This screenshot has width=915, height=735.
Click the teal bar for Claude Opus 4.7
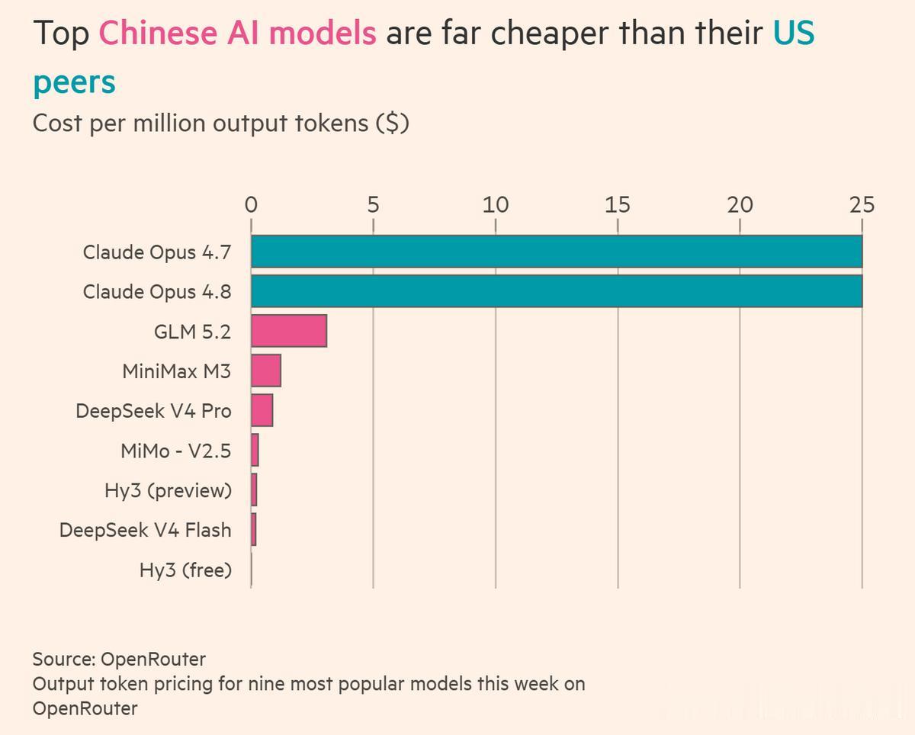pyautogui.click(x=557, y=252)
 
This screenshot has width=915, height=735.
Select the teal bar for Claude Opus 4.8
pyautogui.click(x=557, y=291)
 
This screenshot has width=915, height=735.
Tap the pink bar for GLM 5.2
pyautogui.click(x=289, y=331)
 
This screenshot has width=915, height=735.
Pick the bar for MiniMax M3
pyautogui.click(x=266, y=371)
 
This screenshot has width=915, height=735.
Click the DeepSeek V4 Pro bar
pyautogui.click(x=262, y=410)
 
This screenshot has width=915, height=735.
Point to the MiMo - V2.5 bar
pyautogui.click(x=255, y=450)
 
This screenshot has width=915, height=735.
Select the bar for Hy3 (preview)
pyautogui.click(x=254, y=489)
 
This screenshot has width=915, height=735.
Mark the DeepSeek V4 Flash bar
pyautogui.click(x=253, y=529)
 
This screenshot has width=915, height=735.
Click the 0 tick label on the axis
pyautogui.click(x=252, y=205)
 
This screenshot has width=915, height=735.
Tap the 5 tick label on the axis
pyautogui.click(x=374, y=205)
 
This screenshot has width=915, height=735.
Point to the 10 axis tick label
pyautogui.click(x=496, y=205)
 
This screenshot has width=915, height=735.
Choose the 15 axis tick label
pyautogui.click(x=618, y=205)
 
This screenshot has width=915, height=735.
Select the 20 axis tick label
pyautogui.click(x=740, y=205)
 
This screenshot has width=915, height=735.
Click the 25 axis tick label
pyautogui.click(x=862, y=205)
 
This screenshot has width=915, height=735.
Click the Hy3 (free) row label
pyautogui.click(x=186, y=570)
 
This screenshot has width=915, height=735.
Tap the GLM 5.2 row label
pyautogui.click(x=193, y=332)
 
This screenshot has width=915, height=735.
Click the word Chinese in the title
pyautogui.click(x=158, y=33)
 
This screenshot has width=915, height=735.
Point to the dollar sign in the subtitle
pyautogui.click(x=393, y=124)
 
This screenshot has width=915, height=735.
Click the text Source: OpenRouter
pyautogui.click(x=119, y=660)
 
